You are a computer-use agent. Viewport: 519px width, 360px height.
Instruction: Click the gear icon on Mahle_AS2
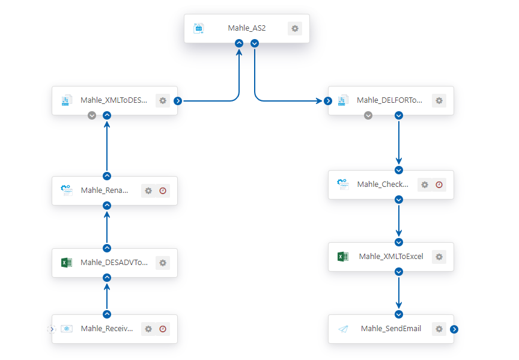click(x=294, y=28)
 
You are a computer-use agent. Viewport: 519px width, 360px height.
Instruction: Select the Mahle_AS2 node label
click(x=247, y=28)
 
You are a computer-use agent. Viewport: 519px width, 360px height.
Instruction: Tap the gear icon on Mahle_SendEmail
click(x=439, y=329)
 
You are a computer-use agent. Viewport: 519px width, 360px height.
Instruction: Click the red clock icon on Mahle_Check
click(x=439, y=185)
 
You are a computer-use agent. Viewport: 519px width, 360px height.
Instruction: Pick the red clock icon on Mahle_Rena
click(x=163, y=191)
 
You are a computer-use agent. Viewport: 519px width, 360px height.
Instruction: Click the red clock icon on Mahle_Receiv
click(x=163, y=329)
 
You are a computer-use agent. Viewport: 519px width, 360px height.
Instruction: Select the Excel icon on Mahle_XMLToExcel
click(x=343, y=257)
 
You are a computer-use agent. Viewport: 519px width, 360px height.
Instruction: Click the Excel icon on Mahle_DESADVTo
click(x=67, y=263)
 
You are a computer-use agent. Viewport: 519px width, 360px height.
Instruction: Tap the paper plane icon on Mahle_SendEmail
click(x=343, y=329)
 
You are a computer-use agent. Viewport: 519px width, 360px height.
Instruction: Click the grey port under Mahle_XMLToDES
click(x=92, y=115)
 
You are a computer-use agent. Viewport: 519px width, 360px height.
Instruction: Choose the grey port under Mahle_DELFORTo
click(x=368, y=115)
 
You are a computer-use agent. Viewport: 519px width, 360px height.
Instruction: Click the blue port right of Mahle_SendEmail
click(x=454, y=329)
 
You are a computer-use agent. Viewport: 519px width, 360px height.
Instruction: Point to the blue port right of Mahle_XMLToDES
click(x=178, y=101)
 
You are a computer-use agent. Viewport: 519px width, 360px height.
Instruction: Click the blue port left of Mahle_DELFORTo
click(x=328, y=101)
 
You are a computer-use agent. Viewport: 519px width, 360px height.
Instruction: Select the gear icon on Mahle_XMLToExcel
click(x=439, y=257)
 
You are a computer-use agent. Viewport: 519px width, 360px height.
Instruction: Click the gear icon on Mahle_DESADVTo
click(x=163, y=263)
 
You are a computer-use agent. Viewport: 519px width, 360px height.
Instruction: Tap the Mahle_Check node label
click(x=383, y=184)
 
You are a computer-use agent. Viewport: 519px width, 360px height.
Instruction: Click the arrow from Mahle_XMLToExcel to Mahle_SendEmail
click(x=399, y=293)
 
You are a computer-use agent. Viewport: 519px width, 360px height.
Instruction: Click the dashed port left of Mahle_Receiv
click(x=52, y=329)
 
